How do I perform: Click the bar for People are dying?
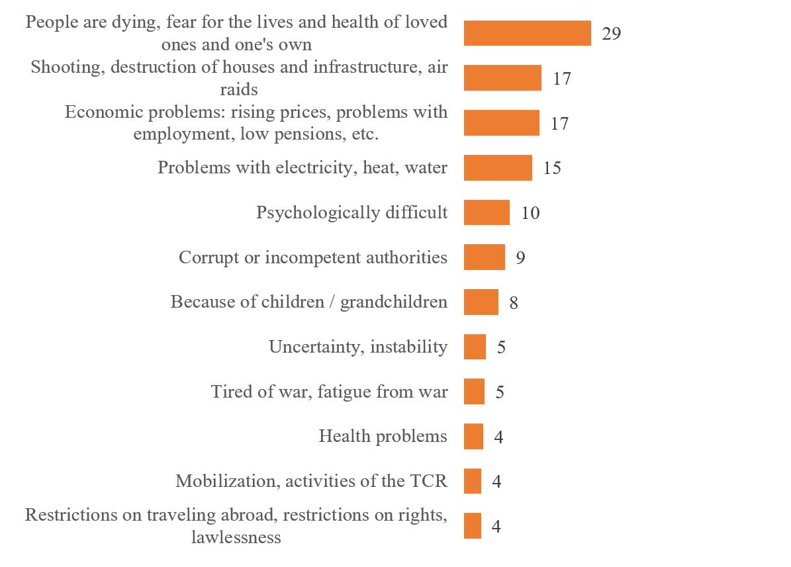pos(527,33)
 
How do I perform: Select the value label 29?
pos(611,34)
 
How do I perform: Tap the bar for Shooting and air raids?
pos(502,78)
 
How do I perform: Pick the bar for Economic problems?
pos(501,123)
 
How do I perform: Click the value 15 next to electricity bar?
pos(551,168)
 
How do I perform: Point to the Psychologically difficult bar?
pos(487,213)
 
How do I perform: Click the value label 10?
pos(530,213)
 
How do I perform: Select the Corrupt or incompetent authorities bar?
pos(484,257)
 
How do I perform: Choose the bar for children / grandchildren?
pos(481,302)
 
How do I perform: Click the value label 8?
pos(514,303)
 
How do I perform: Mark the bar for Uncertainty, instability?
pos(475,347)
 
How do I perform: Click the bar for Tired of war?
pos(474,392)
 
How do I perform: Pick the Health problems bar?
pos(473,437)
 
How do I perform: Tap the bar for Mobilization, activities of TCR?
pos(473,481)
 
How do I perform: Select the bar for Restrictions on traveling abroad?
pos(473,526)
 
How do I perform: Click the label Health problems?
pos(383,437)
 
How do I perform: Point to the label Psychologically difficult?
pos(351,213)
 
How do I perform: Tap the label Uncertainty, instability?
pos(357,347)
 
